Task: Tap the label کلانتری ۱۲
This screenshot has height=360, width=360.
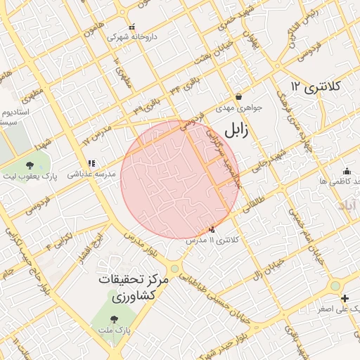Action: [x=314, y=86]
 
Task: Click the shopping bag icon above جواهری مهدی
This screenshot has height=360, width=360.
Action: [x=238, y=97]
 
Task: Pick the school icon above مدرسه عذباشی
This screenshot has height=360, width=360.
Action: [x=91, y=164]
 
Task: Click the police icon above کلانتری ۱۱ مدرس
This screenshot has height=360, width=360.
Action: [x=212, y=229]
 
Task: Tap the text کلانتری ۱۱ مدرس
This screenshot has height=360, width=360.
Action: [x=212, y=240]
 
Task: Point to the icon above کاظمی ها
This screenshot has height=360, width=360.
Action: [x=347, y=171]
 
